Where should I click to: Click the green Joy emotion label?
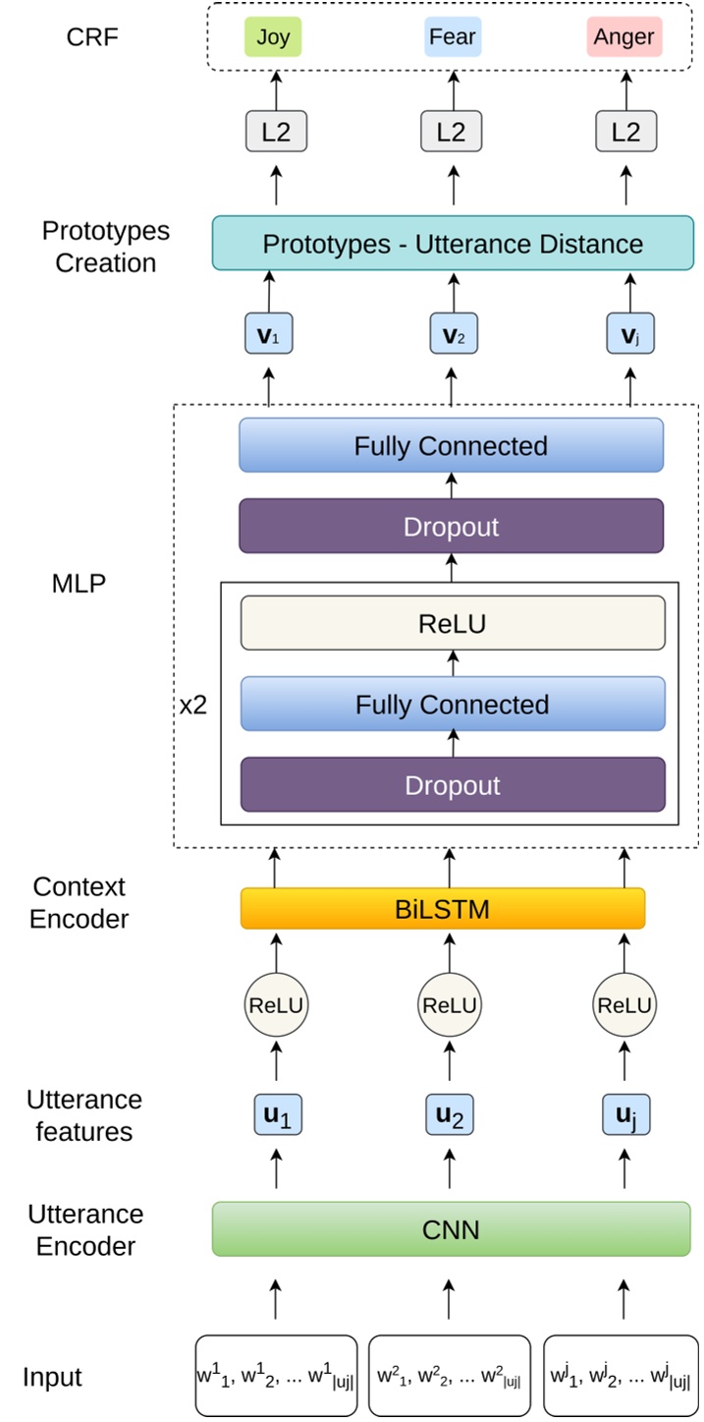pyautogui.click(x=274, y=37)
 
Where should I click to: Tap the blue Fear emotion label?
pyautogui.click(x=452, y=37)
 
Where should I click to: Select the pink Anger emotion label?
pyautogui.click(x=625, y=37)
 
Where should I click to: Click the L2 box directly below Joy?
pyautogui.click(x=276, y=131)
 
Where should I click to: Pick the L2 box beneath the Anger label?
pyautogui.click(x=625, y=131)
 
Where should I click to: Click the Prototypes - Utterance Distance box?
pyautogui.click(x=452, y=244)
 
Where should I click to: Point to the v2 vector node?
pyautogui.click(x=452, y=334)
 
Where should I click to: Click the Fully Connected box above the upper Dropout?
pyautogui.click(x=452, y=446)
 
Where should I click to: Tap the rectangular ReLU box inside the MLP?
pyautogui.click(x=453, y=624)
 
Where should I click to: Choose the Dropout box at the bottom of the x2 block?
pyautogui.click(x=453, y=785)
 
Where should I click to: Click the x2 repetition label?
pyautogui.click(x=193, y=706)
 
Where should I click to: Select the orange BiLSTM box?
pyautogui.click(x=443, y=909)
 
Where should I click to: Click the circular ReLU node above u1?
pyautogui.click(x=275, y=1005)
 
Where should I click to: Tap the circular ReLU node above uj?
pyautogui.click(x=624, y=1005)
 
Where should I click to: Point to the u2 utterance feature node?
pyautogui.click(x=452, y=1116)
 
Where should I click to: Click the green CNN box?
pyautogui.click(x=452, y=1229)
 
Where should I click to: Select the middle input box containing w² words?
pyautogui.click(x=450, y=1376)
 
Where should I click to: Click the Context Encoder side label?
pyautogui.click(x=79, y=902)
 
